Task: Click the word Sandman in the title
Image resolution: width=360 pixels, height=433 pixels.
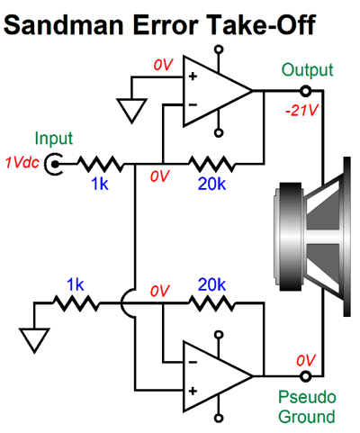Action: pyautogui.click(x=63, y=24)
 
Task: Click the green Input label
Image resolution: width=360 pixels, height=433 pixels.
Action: pyautogui.click(x=54, y=139)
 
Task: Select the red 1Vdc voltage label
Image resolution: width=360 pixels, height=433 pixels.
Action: pyautogui.click(x=22, y=163)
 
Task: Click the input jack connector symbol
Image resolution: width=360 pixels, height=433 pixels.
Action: pyautogui.click(x=54, y=164)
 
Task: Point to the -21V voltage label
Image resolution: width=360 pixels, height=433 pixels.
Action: pyautogui.click(x=301, y=111)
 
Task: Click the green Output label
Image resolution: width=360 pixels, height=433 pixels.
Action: pyautogui.click(x=307, y=71)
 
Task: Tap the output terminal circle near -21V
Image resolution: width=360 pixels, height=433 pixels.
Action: pyautogui.click(x=305, y=91)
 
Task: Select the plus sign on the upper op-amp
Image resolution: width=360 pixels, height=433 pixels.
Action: pyautogui.click(x=193, y=77)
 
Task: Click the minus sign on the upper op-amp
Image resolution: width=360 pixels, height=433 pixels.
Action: pyautogui.click(x=193, y=104)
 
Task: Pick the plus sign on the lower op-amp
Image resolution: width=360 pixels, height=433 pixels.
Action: pyautogui.click(x=193, y=391)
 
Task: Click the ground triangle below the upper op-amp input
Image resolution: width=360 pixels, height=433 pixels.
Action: pyautogui.click(x=131, y=111)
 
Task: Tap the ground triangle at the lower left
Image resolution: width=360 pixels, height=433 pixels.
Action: pyautogui.click(x=34, y=340)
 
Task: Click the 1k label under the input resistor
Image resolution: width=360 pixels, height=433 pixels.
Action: pyautogui.click(x=100, y=184)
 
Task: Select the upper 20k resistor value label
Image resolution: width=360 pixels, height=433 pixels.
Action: pyautogui.click(x=211, y=184)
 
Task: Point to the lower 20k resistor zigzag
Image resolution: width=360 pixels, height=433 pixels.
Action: pyautogui.click(x=211, y=304)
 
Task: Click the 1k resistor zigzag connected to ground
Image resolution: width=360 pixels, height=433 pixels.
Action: pyautogui.click(x=76, y=304)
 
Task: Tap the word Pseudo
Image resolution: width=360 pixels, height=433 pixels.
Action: pyautogui.click(x=307, y=397)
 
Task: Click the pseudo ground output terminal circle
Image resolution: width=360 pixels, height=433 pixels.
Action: pyautogui.click(x=305, y=376)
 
